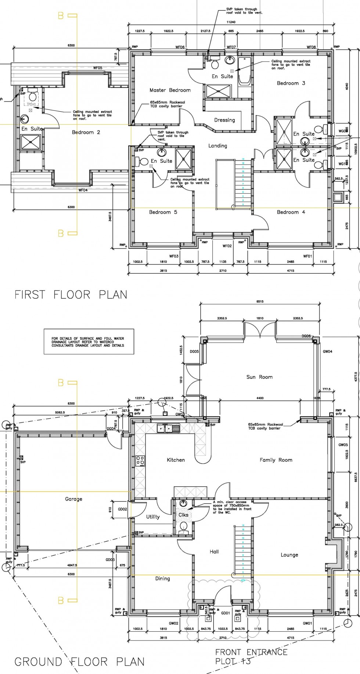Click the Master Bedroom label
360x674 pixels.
[170, 90]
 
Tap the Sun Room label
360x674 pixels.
[259, 377]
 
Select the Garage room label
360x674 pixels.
[73, 499]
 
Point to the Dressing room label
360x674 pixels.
[224, 120]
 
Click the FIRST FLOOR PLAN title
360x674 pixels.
[71, 294]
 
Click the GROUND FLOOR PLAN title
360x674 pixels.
[79, 662]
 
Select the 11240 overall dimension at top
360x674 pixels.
[231, 22]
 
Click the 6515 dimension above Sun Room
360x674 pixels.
[260, 302]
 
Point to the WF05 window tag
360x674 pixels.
[97, 68]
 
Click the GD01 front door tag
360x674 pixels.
[225, 613]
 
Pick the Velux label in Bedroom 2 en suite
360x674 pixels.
[31, 104]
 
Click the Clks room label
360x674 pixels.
[183, 515]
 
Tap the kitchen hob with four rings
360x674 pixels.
[140, 461]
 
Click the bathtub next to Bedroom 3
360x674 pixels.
[244, 72]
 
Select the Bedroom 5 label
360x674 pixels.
[163, 212]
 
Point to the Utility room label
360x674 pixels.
[153, 517]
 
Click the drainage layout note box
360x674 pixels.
[89, 342]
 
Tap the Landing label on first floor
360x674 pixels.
[217, 146]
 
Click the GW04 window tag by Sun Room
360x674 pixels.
[327, 352]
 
